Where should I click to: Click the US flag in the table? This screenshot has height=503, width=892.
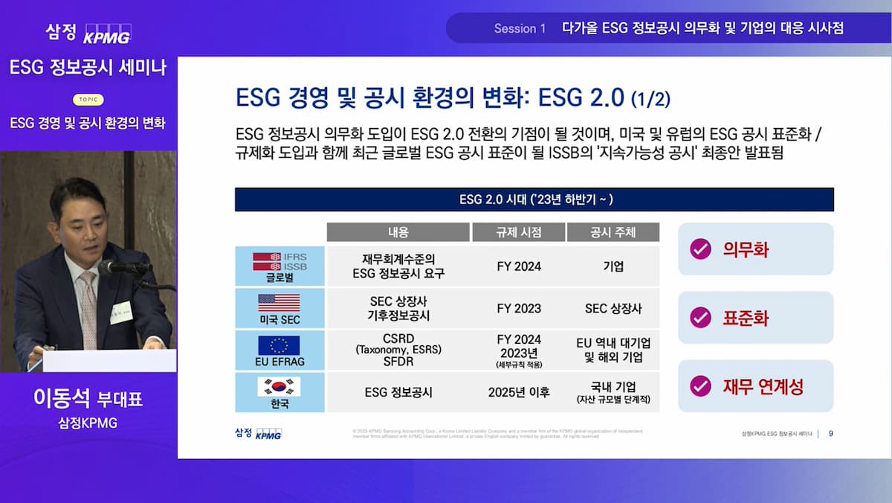coord(279,302)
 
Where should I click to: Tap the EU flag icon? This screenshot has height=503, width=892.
coord(279,345)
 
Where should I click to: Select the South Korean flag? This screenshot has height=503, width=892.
coord(279,387)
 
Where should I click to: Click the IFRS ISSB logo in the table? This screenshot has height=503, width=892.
coord(279,261)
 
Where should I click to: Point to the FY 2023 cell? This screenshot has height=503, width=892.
coord(519,308)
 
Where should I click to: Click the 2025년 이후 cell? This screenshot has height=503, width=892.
coord(519,392)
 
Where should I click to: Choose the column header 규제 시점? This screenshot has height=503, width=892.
coord(518,232)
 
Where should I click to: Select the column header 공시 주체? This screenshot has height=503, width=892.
coord(613,232)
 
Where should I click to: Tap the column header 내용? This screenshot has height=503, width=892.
coord(398,232)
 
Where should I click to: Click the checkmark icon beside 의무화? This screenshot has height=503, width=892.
coord(700,249)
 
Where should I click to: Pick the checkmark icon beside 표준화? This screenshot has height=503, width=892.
coord(700,318)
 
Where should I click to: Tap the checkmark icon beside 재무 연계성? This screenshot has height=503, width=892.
coord(700,386)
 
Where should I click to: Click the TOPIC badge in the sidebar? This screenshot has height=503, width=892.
coord(88,100)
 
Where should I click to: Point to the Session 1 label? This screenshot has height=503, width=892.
coord(520,28)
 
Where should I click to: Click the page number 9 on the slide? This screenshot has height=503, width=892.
coord(830,433)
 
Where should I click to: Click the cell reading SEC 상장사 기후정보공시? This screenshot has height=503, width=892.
coord(398,308)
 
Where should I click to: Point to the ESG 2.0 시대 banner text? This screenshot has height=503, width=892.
coord(534,199)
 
